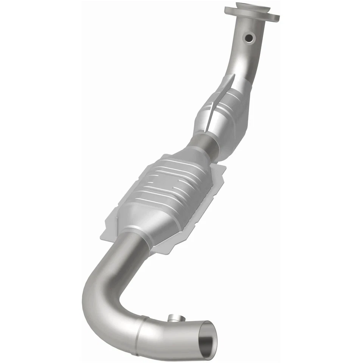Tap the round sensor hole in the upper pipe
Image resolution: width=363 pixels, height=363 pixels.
[249, 38]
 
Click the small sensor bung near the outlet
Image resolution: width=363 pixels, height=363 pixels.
[175, 318]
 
